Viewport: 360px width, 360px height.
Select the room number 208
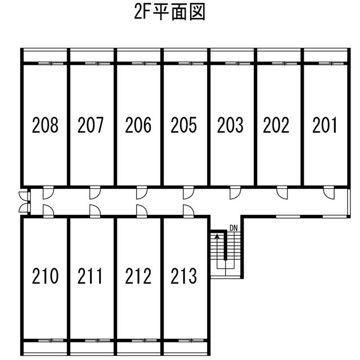[x=45, y=125]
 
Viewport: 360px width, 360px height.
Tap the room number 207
[x=91, y=125]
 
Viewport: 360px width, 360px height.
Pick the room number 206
[x=138, y=125]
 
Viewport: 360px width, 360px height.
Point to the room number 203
[x=230, y=125]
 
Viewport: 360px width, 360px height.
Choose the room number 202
[x=276, y=125]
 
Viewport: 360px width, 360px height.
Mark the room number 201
[x=325, y=125]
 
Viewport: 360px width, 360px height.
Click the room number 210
[x=45, y=277]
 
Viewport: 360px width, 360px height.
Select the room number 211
[x=91, y=277]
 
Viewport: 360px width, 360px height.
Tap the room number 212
[x=138, y=277]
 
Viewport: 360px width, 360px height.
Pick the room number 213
[x=184, y=277]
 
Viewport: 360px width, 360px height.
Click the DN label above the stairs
[x=233, y=228]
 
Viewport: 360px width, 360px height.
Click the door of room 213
[x=188, y=211]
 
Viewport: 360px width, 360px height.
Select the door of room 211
[x=94, y=211]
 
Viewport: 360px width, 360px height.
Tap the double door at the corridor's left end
[x=24, y=202]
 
